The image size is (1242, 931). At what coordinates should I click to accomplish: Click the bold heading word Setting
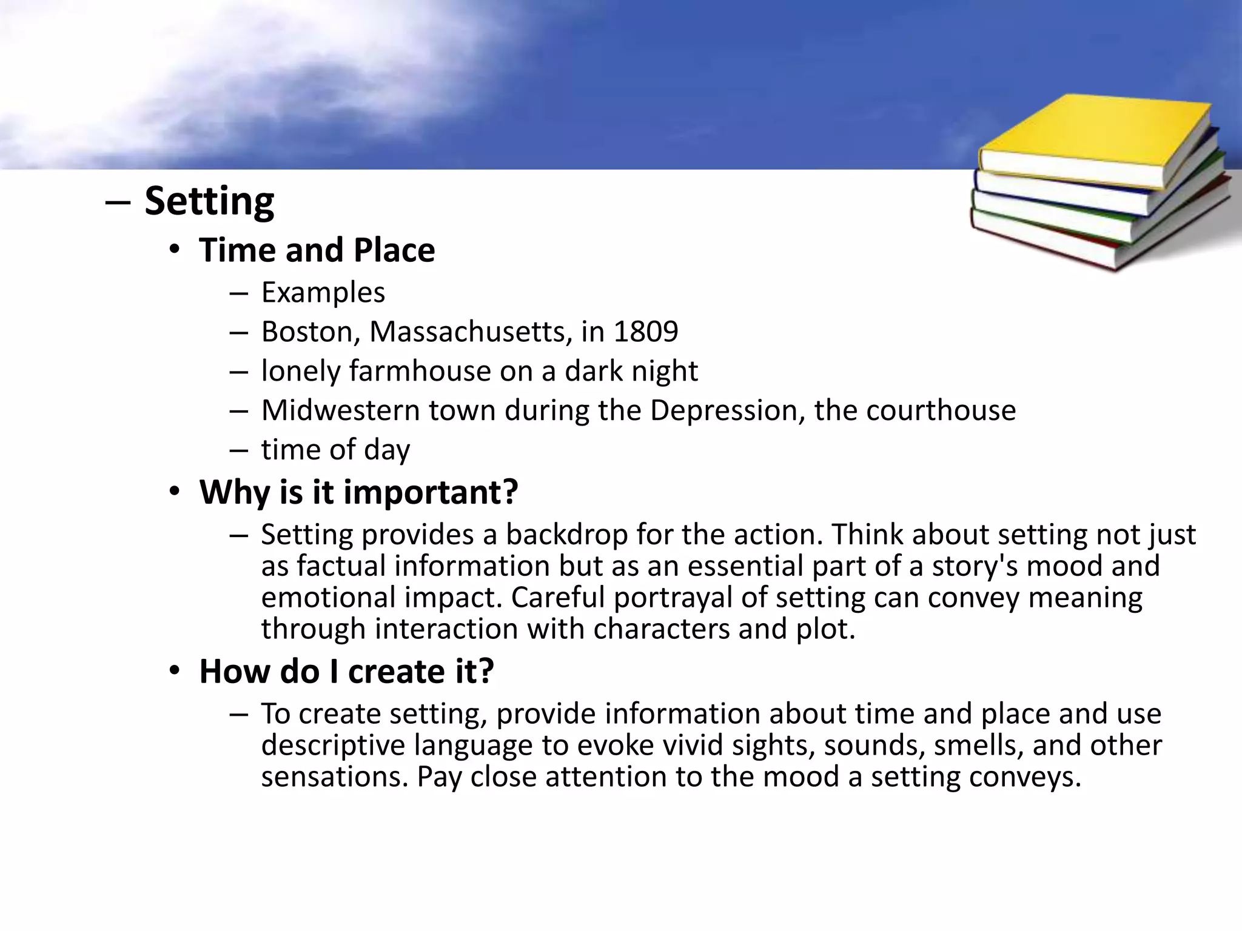tap(209, 201)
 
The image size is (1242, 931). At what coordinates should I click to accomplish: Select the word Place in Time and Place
tap(394, 250)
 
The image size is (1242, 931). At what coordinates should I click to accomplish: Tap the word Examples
tap(323, 293)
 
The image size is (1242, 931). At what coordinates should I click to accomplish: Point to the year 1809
tap(645, 332)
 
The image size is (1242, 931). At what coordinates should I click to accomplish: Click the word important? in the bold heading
tap(431, 492)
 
